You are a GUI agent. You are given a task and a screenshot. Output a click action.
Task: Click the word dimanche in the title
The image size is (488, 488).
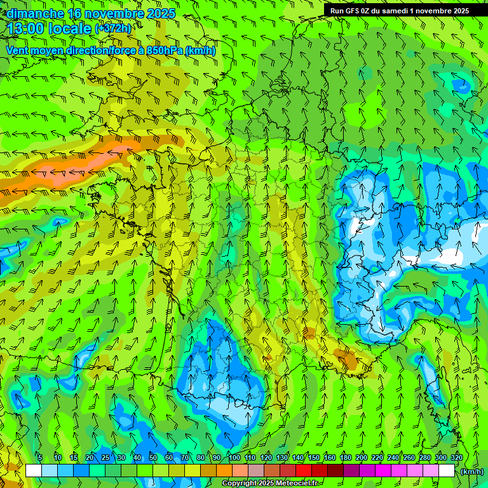[x=35, y=13]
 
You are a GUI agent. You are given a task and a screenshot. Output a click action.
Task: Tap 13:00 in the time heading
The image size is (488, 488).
[x=30, y=29]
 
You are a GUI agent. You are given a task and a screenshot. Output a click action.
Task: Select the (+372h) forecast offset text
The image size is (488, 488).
[x=112, y=29]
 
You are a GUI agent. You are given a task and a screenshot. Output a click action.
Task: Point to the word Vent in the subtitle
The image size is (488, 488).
[x=18, y=50]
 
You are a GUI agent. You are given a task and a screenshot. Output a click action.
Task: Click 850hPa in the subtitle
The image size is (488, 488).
[x=164, y=50]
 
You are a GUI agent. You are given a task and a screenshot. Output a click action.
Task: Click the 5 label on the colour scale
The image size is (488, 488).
[x=40, y=457]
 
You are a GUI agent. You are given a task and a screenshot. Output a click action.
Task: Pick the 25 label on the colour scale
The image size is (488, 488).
[x=105, y=457]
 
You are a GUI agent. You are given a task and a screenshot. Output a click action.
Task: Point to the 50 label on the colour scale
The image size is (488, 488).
[x=153, y=457]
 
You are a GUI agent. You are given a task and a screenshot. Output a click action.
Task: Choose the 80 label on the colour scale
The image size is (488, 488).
[x=201, y=457]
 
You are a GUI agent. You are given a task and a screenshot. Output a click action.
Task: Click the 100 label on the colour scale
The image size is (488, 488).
[x=234, y=457]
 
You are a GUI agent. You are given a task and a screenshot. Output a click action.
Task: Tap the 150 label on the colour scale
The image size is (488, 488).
[x=314, y=457]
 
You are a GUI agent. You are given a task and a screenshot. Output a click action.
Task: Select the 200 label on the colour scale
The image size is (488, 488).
[x=362, y=457]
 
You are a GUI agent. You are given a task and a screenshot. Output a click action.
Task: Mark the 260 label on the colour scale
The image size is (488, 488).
[x=409, y=457]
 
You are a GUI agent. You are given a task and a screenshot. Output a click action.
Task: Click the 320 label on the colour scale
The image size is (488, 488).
[x=457, y=457]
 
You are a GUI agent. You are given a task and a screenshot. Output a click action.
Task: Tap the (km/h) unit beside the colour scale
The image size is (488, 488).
[x=472, y=471]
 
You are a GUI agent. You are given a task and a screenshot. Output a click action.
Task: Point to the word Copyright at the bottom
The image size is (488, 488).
[x=240, y=484]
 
